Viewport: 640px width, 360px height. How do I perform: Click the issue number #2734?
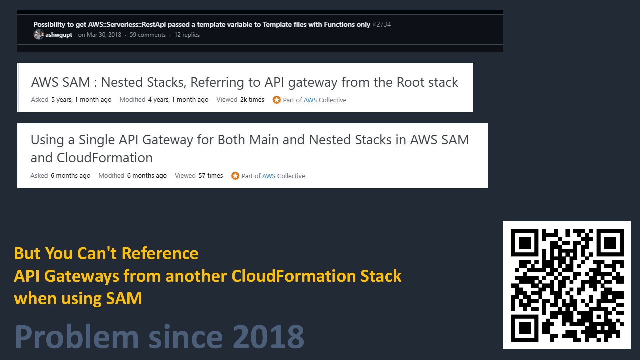point(382,25)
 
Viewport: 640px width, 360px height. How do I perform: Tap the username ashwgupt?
point(59,35)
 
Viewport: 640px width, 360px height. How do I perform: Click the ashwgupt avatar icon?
point(38,35)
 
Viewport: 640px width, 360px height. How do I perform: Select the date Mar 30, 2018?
point(104,35)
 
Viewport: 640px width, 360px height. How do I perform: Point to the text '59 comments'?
point(147,35)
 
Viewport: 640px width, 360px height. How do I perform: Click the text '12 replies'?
point(187,35)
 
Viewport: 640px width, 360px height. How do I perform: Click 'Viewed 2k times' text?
point(240,100)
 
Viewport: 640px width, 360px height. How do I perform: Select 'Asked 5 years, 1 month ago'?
point(71,100)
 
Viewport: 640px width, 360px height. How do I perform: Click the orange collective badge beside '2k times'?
point(276,100)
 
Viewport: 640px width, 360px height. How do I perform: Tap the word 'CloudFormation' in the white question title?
point(104,158)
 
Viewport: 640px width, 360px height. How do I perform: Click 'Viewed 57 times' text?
point(199,176)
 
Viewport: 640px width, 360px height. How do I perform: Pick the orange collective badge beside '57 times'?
point(235,176)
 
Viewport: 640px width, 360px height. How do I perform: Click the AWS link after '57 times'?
point(269,176)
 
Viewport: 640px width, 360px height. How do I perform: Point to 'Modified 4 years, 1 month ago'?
point(164,100)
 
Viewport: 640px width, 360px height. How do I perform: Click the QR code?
point(567,285)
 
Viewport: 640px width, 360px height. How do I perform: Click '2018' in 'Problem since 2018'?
point(268,337)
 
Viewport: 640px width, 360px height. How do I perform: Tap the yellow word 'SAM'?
point(124,298)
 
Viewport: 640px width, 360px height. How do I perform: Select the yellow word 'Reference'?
point(160,253)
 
